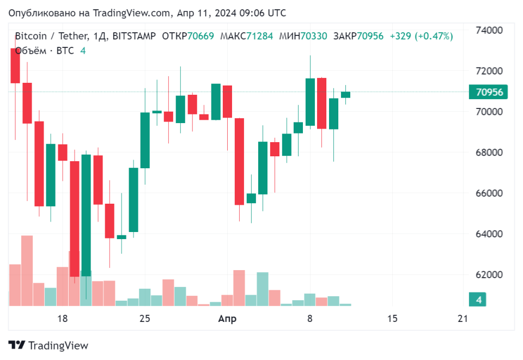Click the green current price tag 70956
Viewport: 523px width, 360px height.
(488, 92)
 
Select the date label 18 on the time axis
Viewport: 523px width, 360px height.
(62, 319)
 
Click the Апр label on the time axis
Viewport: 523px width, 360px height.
(227, 319)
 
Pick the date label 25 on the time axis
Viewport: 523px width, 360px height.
(144, 319)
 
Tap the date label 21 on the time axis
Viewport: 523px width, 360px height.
(463, 319)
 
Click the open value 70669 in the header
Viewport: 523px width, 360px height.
(203, 36)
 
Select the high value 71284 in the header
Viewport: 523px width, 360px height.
(259, 36)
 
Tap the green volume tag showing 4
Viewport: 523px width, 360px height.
(478, 300)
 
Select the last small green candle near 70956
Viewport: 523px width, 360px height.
(345, 95)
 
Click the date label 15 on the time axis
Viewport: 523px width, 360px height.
(392, 319)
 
